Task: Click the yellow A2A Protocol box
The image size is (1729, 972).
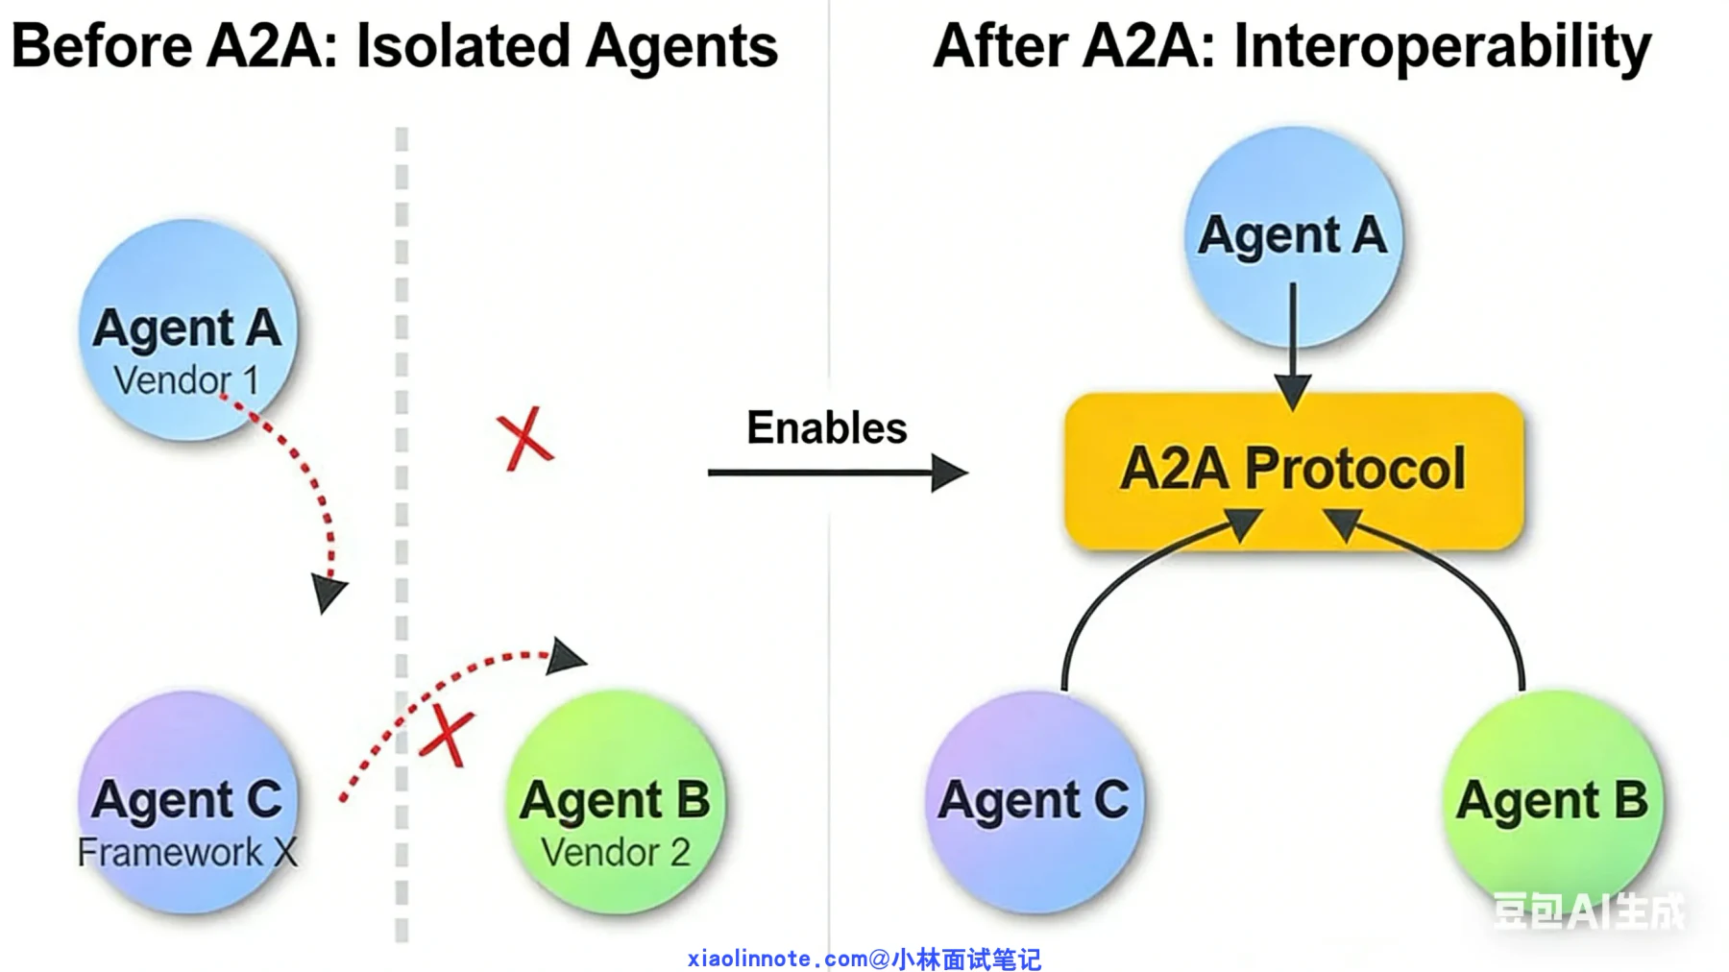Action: click(1294, 471)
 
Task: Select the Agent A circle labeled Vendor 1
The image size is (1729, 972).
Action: click(188, 329)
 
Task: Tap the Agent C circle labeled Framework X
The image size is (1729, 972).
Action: click(188, 802)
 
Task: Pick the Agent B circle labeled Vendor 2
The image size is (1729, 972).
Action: click(616, 802)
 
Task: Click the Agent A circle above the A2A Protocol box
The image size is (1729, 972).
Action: click(1293, 236)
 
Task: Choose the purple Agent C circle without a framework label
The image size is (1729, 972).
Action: click(1035, 802)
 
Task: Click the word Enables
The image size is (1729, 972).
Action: click(827, 427)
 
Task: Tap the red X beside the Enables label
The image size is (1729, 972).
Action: click(524, 439)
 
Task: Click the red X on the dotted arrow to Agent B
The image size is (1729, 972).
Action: click(448, 736)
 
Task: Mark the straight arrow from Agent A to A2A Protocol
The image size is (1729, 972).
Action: click(1293, 346)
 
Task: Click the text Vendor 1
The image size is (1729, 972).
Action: click(186, 380)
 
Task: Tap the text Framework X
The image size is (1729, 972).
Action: click(187, 852)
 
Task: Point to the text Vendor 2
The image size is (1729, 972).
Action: click(616, 852)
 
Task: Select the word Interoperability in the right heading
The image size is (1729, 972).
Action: click(1443, 48)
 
